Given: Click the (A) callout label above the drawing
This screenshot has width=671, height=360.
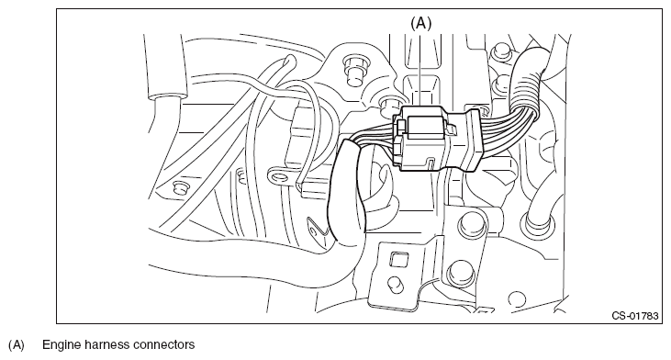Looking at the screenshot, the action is tap(421, 23).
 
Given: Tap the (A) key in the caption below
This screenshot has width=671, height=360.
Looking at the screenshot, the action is tap(17, 345).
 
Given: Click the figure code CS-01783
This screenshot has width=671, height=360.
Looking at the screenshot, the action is tap(635, 316).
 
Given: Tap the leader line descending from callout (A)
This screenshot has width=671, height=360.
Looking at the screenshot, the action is tap(420, 70).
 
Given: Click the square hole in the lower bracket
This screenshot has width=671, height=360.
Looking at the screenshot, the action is tap(398, 260).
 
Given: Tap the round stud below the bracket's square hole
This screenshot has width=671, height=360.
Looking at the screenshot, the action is tap(395, 283).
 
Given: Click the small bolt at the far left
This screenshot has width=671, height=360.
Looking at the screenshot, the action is tap(179, 188).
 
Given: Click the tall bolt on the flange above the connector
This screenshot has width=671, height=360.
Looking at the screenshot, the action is tap(354, 70).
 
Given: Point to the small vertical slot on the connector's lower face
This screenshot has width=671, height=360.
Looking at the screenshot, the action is tap(431, 163).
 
